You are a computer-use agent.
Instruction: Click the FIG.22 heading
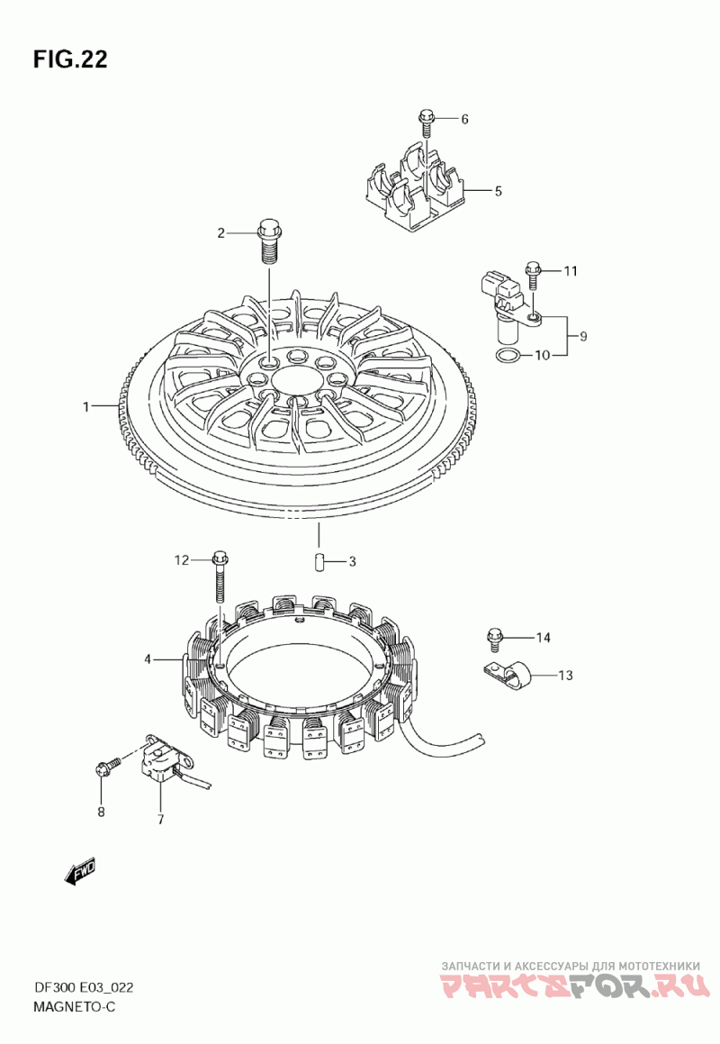coord(70,59)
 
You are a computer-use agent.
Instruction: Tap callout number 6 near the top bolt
coord(464,119)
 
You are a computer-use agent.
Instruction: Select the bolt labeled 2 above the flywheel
coord(269,241)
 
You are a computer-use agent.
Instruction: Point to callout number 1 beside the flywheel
coord(85,406)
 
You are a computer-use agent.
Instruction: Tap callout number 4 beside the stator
coord(148,659)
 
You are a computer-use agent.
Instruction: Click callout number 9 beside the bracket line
coord(583,336)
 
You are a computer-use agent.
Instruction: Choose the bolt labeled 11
coord(532,276)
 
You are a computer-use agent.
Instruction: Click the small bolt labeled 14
coord(494,638)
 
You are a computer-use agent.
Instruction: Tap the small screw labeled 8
coord(110,767)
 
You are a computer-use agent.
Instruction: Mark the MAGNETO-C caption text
coord(74,1007)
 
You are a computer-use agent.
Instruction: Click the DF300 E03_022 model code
coord(83,986)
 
